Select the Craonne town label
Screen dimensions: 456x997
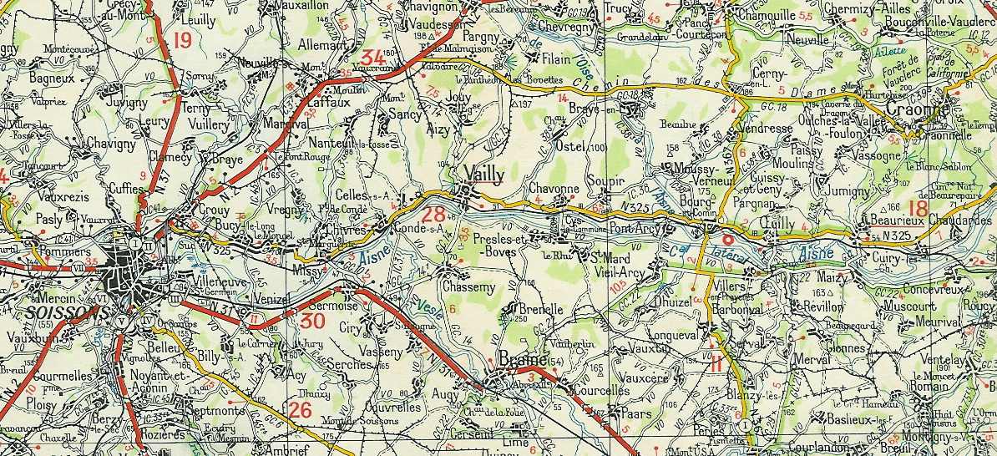[x=916, y=109]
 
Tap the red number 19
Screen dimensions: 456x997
[x=182, y=40]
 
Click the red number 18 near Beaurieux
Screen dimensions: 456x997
[x=919, y=208]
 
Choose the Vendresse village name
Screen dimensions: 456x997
[x=767, y=129]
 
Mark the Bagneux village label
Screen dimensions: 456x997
[x=52, y=78]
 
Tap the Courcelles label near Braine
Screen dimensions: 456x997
[x=600, y=390]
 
